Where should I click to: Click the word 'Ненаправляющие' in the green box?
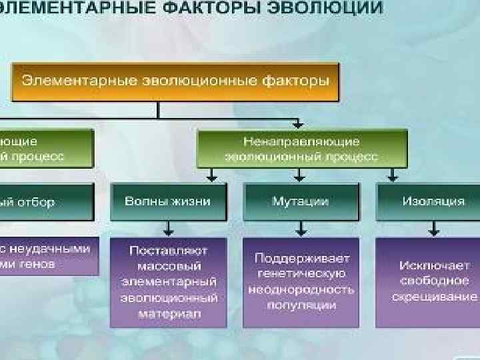click(x=301, y=142)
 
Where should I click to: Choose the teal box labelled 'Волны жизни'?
click(x=169, y=201)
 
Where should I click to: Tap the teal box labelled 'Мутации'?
click(x=301, y=201)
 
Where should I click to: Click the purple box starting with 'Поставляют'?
click(x=169, y=282)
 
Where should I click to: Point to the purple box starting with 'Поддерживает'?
click(x=301, y=282)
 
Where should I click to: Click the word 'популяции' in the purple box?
click(x=301, y=305)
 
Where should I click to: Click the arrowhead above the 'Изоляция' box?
click(x=391, y=179)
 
